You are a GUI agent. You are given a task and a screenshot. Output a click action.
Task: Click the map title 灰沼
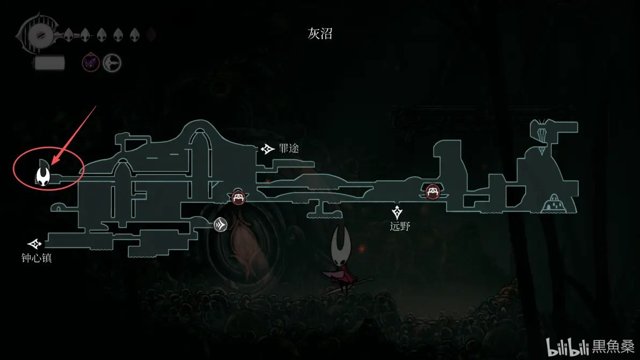point(320,34)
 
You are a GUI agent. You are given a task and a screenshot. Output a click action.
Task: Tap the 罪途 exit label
point(289,149)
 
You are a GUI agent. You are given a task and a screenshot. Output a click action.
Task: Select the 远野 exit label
point(400,226)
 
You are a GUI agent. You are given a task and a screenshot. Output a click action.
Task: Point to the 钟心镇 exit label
point(37,258)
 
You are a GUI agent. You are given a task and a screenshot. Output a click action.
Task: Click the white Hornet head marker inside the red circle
point(43,173)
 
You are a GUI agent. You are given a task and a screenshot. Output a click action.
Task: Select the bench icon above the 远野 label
point(433,192)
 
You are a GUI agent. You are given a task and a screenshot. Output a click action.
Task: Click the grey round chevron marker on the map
point(220,224)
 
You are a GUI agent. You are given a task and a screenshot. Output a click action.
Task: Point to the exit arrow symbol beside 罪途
point(268,149)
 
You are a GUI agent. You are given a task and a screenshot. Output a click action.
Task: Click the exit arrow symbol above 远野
point(397,211)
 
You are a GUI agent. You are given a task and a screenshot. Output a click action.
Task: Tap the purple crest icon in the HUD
point(91,63)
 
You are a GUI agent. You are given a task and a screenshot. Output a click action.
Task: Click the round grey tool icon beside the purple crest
point(112,63)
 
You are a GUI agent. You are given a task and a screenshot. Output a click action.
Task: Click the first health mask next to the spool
point(69,35)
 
